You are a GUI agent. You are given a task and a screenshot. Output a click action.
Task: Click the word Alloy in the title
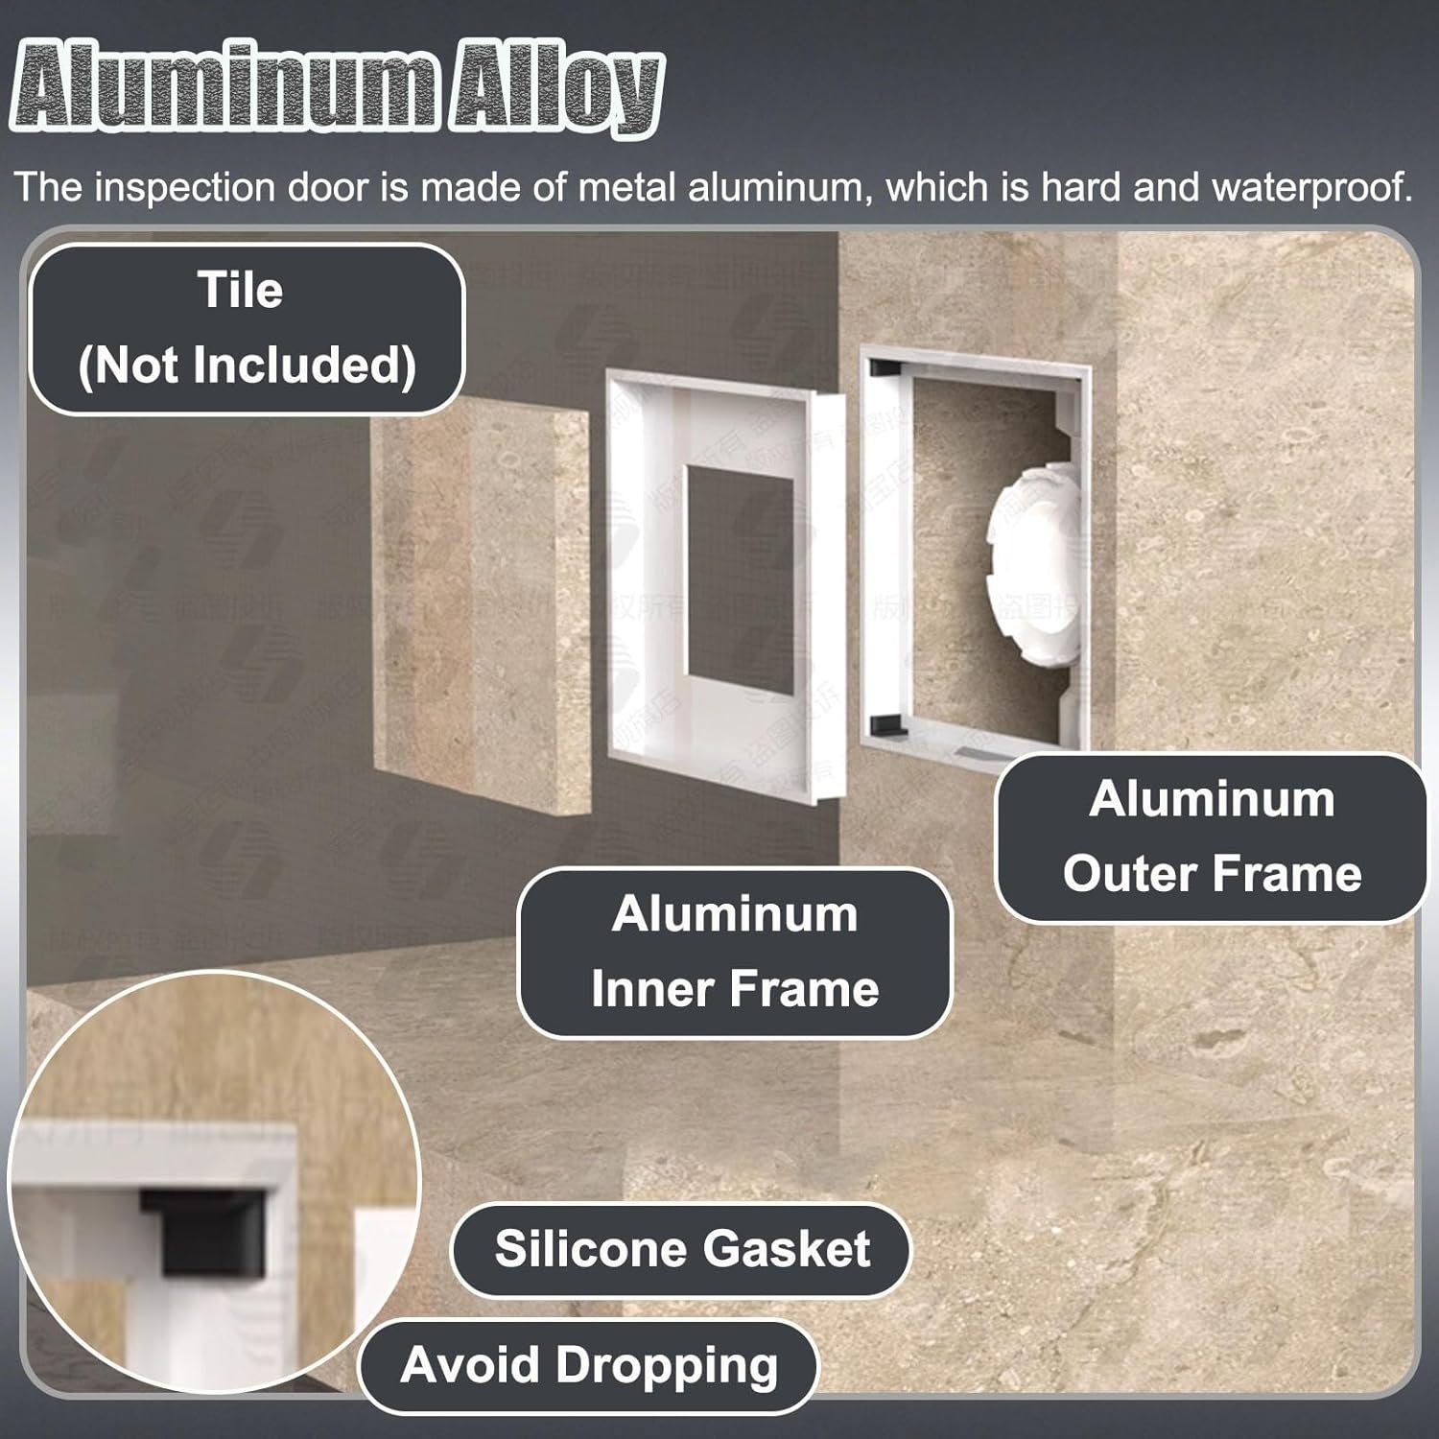click(x=556, y=91)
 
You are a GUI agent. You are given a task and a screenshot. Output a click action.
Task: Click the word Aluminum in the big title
click(x=226, y=91)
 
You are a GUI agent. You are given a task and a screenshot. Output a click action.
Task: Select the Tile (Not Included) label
click(x=247, y=329)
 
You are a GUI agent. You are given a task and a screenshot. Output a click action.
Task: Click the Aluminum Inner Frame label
click(x=735, y=952)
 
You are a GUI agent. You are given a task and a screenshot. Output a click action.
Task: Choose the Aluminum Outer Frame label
click(x=1212, y=837)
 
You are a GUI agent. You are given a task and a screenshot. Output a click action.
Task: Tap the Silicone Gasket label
click(x=681, y=1249)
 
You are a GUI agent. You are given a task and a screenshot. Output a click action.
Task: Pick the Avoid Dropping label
click(x=588, y=1365)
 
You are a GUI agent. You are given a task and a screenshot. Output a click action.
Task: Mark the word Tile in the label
click(x=240, y=290)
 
